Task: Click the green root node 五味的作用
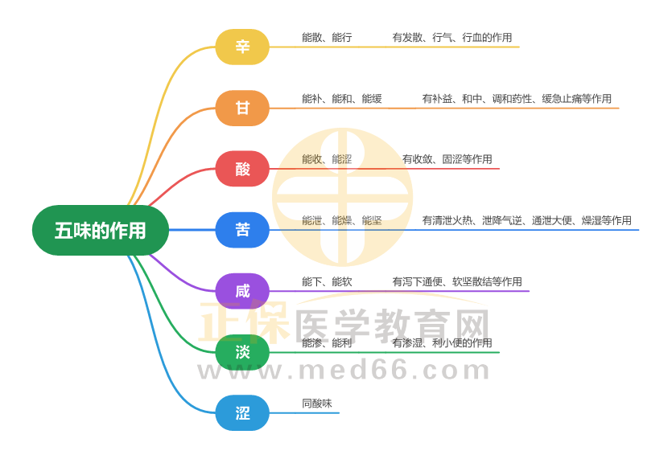point(101,231)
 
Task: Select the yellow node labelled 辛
point(242,47)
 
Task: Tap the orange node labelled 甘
point(242,108)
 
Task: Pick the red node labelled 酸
point(242,169)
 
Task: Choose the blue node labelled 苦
point(242,230)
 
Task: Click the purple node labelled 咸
point(242,291)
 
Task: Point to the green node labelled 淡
point(242,352)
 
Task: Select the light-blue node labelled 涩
point(242,413)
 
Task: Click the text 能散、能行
point(327,38)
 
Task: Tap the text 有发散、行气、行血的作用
point(452,38)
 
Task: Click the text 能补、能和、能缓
point(342,99)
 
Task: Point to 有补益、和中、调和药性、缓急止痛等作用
point(517,99)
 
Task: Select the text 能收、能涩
point(327,159)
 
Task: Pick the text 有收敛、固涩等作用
point(447,159)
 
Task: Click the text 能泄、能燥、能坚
point(342,220)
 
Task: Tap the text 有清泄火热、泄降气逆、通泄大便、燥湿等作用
point(526,220)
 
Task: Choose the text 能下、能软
point(327,281)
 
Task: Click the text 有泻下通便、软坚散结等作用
point(457,281)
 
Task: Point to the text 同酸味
point(317,404)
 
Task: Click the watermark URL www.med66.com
point(344,371)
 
